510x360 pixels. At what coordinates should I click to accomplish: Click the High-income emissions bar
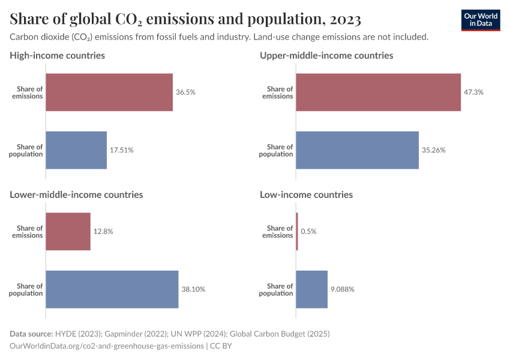point(109,92)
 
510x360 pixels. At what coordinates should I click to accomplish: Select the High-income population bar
point(76,150)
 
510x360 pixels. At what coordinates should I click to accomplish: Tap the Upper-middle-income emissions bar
point(378,92)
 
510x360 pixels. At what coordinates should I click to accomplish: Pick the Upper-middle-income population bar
point(357,150)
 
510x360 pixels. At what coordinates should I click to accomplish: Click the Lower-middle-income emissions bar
point(68,232)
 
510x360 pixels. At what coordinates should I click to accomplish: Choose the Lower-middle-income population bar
point(112,289)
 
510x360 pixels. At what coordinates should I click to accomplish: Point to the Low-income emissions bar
point(297,232)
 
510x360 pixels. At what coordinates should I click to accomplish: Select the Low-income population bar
point(311,289)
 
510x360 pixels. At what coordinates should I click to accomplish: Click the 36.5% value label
point(185,92)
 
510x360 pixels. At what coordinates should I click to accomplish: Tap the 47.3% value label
point(473,92)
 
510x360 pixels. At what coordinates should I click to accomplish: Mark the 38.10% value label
point(193,289)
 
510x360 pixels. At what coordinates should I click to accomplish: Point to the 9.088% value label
point(343,289)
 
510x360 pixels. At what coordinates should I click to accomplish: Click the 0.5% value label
point(308,232)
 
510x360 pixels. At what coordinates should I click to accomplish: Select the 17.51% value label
point(121,150)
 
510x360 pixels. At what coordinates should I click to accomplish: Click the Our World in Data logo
point(481,20)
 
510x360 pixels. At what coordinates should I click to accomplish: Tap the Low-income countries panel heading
point(306,194)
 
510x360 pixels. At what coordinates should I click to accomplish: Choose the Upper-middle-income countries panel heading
point(326,55)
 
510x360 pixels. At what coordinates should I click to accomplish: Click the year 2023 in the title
point(344,19)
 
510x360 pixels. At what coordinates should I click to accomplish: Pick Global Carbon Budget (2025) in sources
point(287,334)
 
